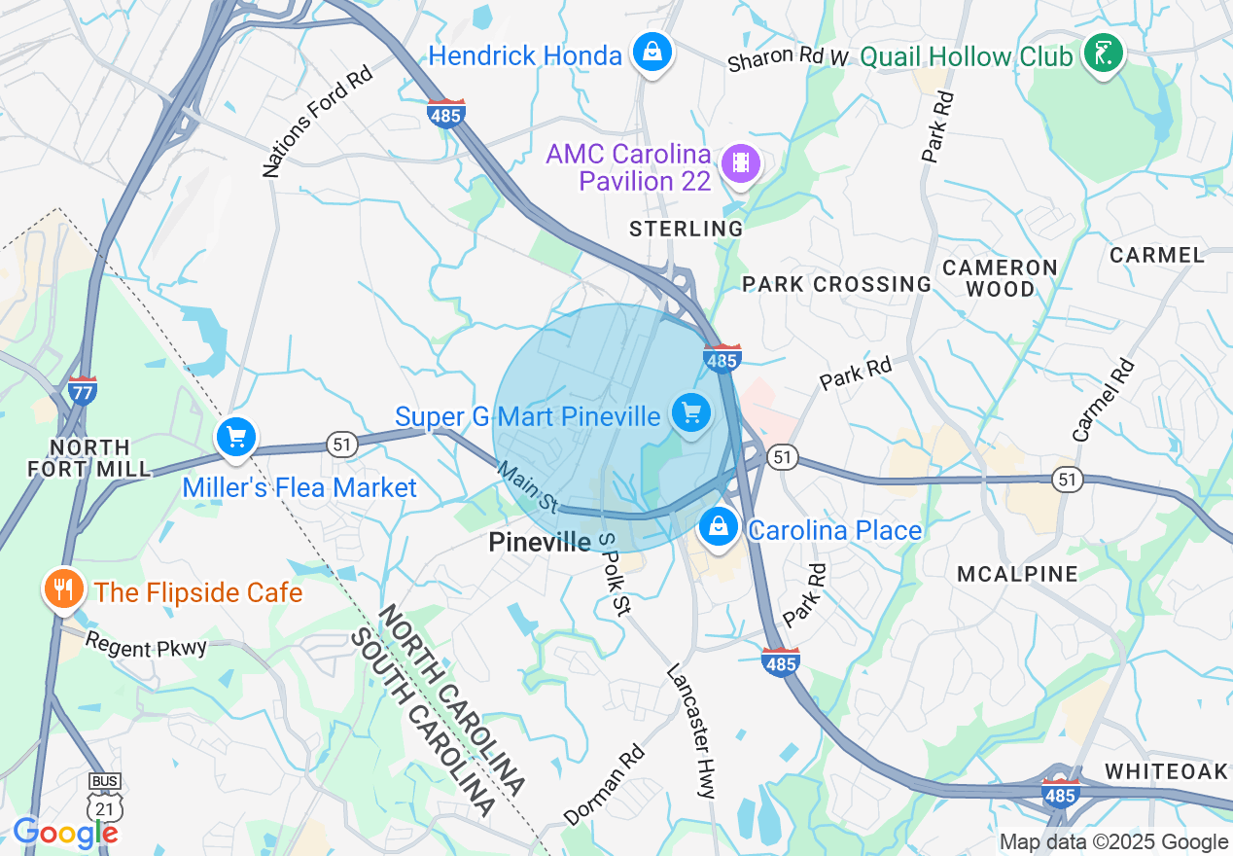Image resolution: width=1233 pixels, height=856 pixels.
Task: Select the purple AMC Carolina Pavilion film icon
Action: coord(742,162)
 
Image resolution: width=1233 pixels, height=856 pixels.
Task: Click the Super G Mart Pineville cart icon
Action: coord(691,413)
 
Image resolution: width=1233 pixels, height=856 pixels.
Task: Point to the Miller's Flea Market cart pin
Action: coord(236,437)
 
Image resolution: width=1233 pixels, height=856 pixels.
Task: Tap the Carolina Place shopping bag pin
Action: coord(719,526)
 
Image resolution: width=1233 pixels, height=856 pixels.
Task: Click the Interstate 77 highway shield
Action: coord(82,391)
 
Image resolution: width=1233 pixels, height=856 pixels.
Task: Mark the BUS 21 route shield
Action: coord(103,796)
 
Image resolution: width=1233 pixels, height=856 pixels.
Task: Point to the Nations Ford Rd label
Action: coord(318,122)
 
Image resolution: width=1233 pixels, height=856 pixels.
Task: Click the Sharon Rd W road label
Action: coord(788,57)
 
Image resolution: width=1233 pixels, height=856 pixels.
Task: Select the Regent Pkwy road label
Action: coord(146,645)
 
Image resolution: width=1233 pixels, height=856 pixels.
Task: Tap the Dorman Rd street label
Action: coord(604,785)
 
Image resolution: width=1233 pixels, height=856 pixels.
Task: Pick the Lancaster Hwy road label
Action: coord(691,731)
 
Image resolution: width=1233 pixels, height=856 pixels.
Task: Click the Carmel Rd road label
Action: coord(1104,400)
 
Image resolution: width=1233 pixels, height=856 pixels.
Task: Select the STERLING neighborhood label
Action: coord(686,229)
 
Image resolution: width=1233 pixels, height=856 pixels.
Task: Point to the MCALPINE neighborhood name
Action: coord(1017,574)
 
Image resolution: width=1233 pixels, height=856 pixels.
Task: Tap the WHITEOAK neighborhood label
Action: coord(1167,771)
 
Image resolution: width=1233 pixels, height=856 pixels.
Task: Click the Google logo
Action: coord(65,834)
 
